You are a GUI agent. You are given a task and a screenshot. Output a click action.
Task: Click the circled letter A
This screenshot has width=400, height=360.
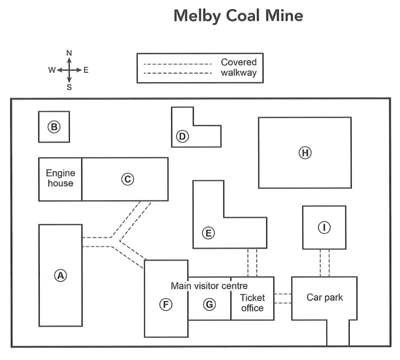click(x=61, y=275)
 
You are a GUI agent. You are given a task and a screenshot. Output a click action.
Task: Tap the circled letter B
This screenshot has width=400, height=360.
click(x=54, y=127)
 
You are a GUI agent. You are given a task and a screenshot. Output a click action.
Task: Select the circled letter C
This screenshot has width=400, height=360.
click(x=127, y=179)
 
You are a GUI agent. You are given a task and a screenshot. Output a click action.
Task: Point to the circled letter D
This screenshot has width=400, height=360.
click(x=182, y=136)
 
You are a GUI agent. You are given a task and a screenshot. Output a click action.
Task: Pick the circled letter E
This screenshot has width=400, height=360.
click(x=209, y=233)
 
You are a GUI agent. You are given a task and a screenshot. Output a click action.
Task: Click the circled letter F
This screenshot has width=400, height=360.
click(x=166, y=304)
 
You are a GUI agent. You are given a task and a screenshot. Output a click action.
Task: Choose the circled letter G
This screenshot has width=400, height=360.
click(x=210, y=304)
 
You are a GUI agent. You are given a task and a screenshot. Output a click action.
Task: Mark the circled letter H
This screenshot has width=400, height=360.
click(x=305, y=153)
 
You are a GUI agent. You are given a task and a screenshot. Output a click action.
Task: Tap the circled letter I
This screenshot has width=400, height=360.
click(x=324, y=227)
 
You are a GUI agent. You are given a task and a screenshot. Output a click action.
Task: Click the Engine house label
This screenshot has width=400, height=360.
click(x=60, y=178)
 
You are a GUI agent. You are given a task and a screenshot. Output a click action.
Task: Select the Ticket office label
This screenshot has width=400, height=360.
click(x=252, y=303)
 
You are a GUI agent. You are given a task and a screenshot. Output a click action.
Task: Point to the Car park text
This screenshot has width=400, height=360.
click(x=324, y=297)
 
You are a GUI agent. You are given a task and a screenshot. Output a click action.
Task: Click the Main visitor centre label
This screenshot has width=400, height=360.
click(x=209, y=286)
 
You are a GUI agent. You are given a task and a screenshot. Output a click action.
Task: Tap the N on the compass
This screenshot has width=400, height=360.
click(x=69, y=53)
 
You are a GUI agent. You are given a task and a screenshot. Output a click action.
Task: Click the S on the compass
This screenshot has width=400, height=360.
click(x=69, y=87)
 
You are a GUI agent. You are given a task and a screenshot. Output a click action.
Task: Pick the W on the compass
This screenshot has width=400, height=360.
click(x=52, y=70)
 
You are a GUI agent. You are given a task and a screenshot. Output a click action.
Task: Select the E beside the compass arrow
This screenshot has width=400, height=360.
click(x=86, y=70)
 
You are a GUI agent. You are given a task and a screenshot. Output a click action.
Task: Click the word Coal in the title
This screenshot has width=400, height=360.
click(x=243, y=16)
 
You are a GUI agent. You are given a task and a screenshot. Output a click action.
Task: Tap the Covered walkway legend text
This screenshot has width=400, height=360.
click(x=239, y=67)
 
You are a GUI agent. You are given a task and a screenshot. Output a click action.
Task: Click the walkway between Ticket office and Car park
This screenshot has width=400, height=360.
click(x=283, y=299)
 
